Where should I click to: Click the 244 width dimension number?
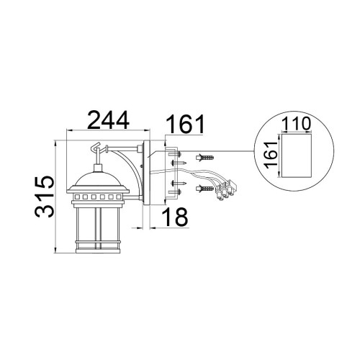coord(109,120)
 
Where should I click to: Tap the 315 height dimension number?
coord(45,197)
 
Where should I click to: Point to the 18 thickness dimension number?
coord(175,217)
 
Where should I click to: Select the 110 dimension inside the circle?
coord(296,124)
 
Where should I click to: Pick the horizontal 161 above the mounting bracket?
coord(185,124)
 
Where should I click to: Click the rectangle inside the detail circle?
coord(297,156)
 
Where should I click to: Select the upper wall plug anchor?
coord(205,158)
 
